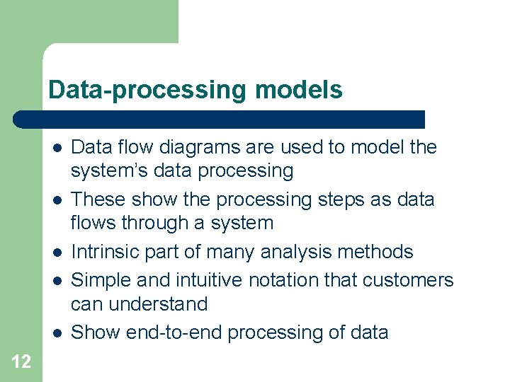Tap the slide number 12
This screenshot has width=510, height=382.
pyautogui.click(x=21, y=362)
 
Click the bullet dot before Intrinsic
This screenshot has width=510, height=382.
pyautogui.click(x=55, y=253)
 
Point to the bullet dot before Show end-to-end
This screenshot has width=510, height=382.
pyautogui.click(x=55, y=333)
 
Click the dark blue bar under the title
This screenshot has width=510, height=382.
pyautogui.click(x=220, y=119)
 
